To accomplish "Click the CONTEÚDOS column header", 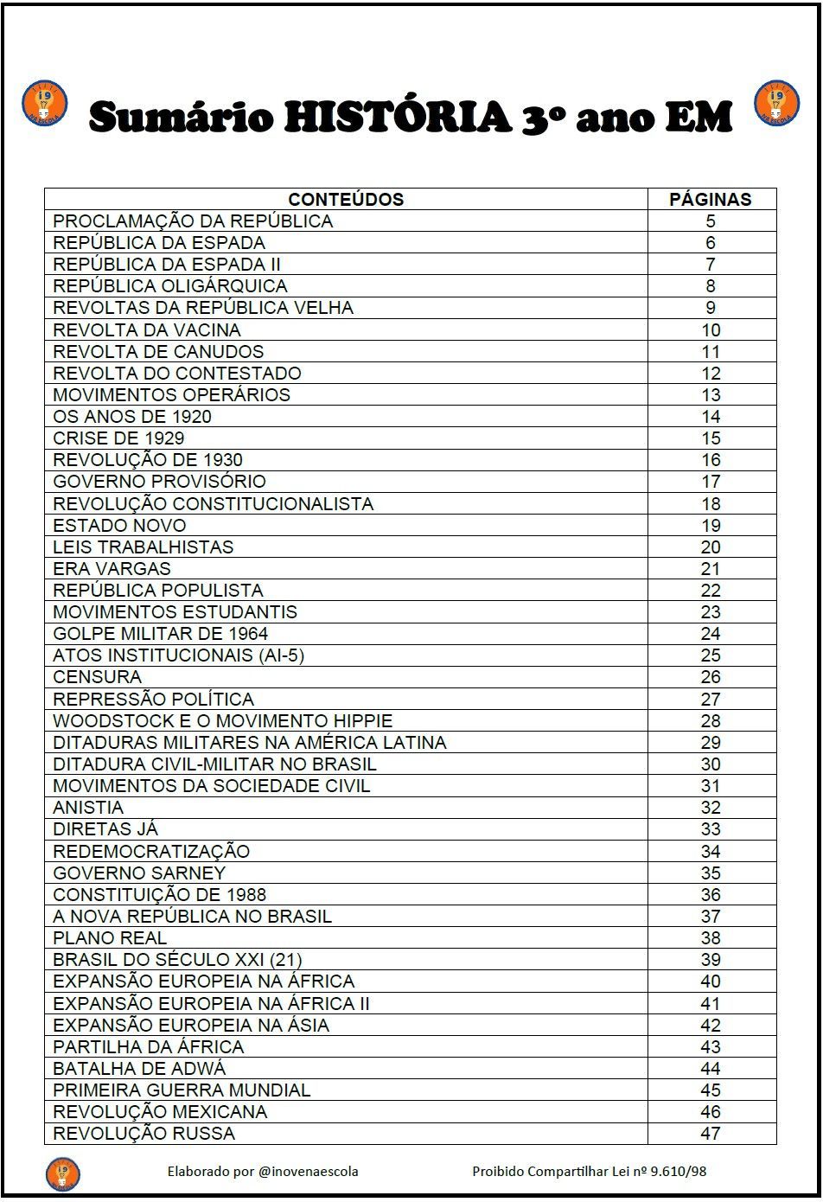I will [x=346, y=199].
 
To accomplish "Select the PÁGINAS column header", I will [x=711, y=199].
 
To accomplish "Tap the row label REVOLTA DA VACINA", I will [x=147, y=329].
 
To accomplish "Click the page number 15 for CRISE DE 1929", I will [x=711, y=438].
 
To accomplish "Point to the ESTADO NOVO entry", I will [x=119, y=525].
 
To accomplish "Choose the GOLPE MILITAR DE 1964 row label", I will [x=161, y=634].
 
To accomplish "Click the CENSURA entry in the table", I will [x=97, y=677].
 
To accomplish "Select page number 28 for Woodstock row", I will [x=711, y=720].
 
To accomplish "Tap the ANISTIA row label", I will [x=88, y=808].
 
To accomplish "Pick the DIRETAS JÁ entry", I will [x=105, y=829].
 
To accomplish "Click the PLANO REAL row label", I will [x=110, y=937].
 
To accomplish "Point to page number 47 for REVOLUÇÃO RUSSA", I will [x=711, y=1133].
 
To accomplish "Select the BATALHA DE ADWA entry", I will [x=139, y=1068].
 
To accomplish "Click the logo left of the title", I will [x=44, y=103].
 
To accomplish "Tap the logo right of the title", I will [x=777, y=103].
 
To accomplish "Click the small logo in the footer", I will [x=62, y=1173].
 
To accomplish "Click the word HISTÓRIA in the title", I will [x=399, y=118].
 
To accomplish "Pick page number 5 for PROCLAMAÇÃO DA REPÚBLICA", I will [x=711, y=221].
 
